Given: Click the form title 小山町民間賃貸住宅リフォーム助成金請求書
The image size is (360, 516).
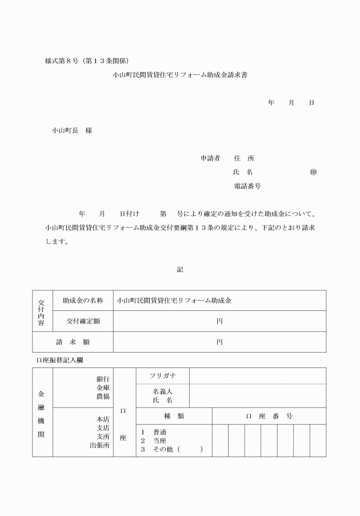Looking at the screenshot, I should point(180,74).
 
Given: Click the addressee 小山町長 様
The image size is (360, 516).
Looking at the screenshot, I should point(72,130).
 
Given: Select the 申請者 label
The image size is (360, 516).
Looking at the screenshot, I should point(210,158).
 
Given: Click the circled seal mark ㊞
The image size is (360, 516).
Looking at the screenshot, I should point(313,172).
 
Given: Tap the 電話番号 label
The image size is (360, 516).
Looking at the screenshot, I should point(247,186).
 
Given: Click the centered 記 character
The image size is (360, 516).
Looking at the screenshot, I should point(180,269).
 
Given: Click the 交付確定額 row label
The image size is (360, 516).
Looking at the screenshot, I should point(83,321).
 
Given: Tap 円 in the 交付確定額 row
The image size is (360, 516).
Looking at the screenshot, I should point(219,321).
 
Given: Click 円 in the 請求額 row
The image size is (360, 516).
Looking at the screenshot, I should point(219,342).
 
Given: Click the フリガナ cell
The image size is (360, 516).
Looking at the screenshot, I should point(162,376).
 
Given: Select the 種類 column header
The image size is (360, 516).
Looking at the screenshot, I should point(173,416).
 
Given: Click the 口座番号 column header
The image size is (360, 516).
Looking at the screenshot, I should point(269,416).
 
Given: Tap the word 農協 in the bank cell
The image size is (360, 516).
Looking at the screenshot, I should point(103,396).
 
